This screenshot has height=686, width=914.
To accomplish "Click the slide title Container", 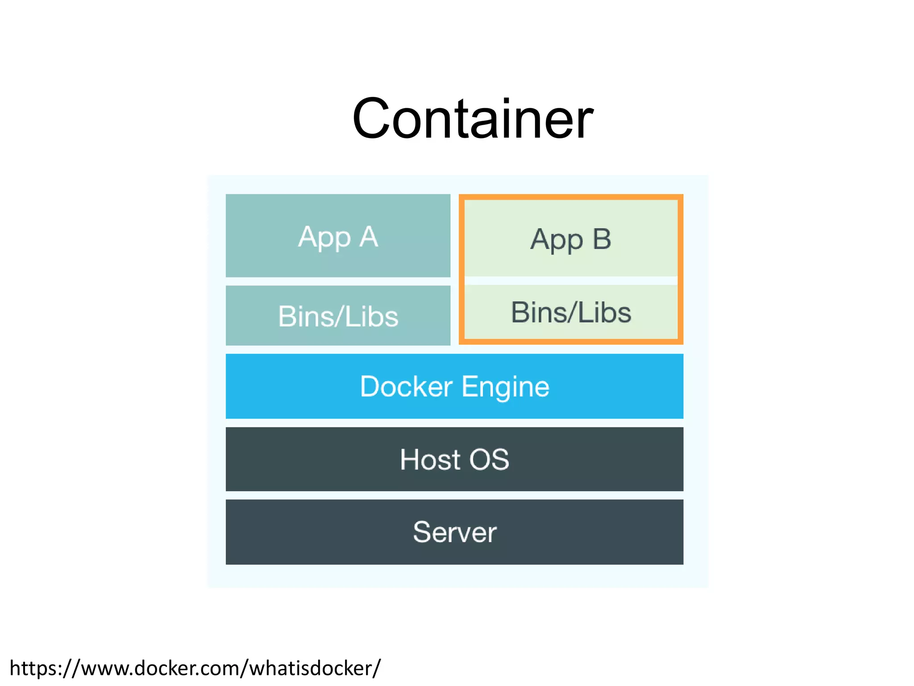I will pyautogui.click(x=473, y=119).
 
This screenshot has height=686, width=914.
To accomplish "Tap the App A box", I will pyautogui.click(x=338, y=235).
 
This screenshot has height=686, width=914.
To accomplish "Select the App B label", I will pyautogui.click(x=570, y=239).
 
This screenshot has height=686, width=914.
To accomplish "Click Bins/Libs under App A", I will pyautogui.click(x=338, y=316).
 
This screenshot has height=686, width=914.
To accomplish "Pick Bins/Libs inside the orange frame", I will pyautogui.click(x=571, y=312).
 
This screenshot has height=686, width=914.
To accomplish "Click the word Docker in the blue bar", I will pyautogui.click(x=406, y=386).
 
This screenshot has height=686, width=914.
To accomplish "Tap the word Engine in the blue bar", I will pyautogui.click(x=505, y=387).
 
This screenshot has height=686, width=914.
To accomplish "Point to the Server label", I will pyautogui.click(x=454, y=532).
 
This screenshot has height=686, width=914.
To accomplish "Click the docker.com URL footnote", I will pyautogui.click(x=195, y=668).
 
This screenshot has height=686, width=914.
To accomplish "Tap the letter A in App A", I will pyautogui.click(x=369, y=236).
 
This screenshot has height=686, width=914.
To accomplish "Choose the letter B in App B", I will pyautogui.click(x=602, y=238).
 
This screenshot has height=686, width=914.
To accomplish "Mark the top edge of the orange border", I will pyautogui.click(x=571, y=197).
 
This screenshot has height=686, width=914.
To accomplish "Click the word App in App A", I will pyautogui.click(x=324, y=237).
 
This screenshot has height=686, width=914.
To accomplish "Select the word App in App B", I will pyautogui.click(x=557, y=240).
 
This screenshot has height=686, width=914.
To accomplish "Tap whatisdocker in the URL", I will pyautogui.click(x=312, y=668).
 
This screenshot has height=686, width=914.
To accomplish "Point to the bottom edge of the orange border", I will pyautogui.click(x=571, y=342).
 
